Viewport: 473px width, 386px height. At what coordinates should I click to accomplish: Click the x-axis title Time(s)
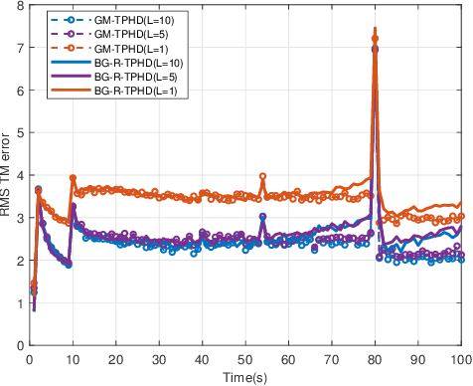point(245,377)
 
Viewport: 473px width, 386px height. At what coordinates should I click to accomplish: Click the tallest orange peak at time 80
point(375,29)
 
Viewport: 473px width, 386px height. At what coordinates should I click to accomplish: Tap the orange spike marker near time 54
point(262,177)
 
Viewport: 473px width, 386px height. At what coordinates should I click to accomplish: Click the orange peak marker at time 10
point(73,178)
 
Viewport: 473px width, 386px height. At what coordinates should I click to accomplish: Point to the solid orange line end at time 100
point(460,203)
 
